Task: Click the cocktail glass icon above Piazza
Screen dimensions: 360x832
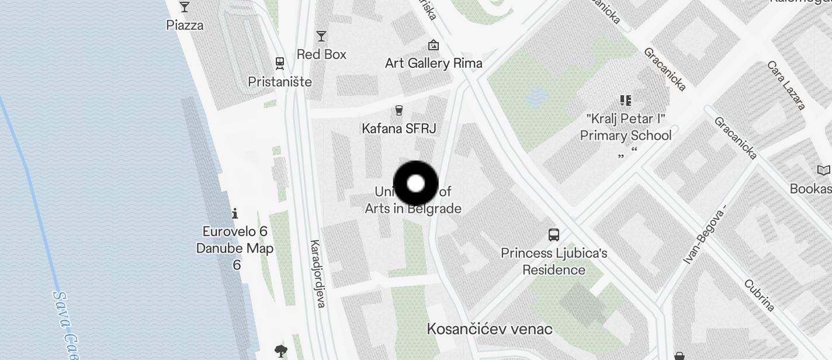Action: click(x=185, y=7)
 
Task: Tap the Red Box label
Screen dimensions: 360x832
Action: click(x=321, y=54)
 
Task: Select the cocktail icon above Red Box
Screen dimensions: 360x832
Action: click(x=321, y=36)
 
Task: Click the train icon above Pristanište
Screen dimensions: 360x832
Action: click(x=280, y=63)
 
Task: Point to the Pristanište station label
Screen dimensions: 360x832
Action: click(x=280, y=82)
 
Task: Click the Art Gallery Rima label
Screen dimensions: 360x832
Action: click(x=434, y=63)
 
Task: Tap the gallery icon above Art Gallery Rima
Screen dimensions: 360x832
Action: click(x=434, y=45)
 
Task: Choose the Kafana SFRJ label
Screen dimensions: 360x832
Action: click(x=399, y=128)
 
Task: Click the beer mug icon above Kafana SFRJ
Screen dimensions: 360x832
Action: click(x=399, y=110)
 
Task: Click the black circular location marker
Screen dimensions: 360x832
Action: click(x=415, y=184)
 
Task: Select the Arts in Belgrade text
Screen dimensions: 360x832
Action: click(x=413, y=209)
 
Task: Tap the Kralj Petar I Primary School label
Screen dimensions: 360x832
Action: click(x=626, y=127)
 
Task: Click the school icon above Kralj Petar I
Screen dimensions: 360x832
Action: click(x=626, y=101)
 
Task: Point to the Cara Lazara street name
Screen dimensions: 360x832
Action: click(x=786, y=85)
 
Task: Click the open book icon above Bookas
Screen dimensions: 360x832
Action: click(x=823, y=171)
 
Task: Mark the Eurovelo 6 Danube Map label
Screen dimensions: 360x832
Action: click(x=235, y=248)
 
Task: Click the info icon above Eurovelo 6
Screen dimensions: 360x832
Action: click(x=235, y=213)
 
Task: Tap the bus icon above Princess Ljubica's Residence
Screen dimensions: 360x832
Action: click(x=554, y=235)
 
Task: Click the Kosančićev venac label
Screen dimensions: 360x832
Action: click(x=490, y=328)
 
